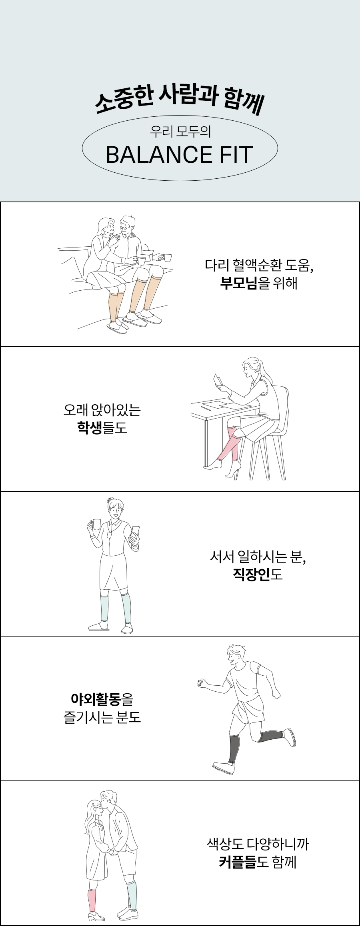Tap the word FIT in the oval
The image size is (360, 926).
click(x=234, y=155)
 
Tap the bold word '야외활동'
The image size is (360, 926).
click(x=96, y=699)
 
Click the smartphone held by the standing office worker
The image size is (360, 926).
click(x=135, y=532)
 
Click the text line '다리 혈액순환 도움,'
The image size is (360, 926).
click(x=258, y=265)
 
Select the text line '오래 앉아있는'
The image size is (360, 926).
click(x=102, y=410)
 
